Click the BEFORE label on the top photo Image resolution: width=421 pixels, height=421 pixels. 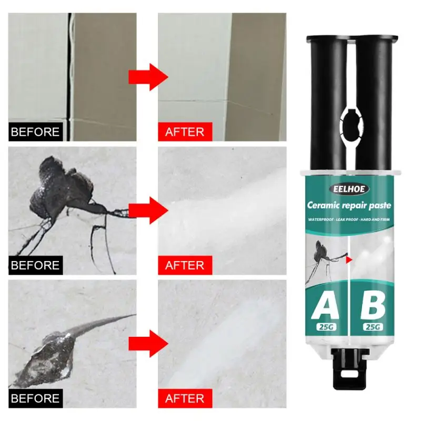pyautogui.click(x=35, y=132)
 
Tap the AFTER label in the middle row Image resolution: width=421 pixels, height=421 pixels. pyautogui.click(x=185, y=265)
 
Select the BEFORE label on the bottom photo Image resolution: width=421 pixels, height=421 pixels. pyautogui.click(x=35, y=398)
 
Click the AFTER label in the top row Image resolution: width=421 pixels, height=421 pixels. pyautogui.click(x=185, y=132)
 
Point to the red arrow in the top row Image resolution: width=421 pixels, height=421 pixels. pyautogui.click(x=148, y=77)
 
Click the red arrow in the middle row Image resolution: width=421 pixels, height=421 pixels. pyautogui.click(x=148, y=210)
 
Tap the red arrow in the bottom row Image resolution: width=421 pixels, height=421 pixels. pyautogui.click(x=148, y=343)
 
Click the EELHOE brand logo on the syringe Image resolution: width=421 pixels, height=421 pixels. pyautogui.click(x=350, y=189)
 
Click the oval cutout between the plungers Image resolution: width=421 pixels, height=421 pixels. pyautogui.click(x=350, y=122)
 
